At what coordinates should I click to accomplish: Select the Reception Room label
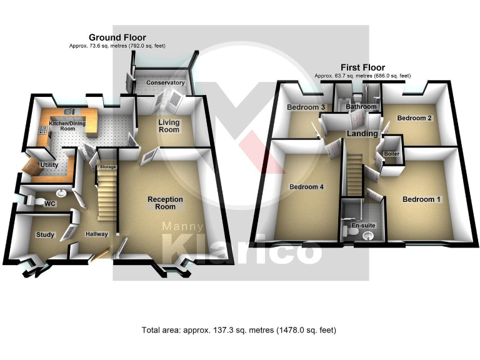[x=165, y=203]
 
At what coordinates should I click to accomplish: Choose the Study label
[x=46, y=235]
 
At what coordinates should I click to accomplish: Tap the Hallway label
[x=97, y=234]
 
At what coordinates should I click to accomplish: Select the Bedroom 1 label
[x=421, y=200]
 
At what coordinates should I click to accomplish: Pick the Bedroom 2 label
[x=414, y=117]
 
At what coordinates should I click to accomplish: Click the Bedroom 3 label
[x=306, y=107]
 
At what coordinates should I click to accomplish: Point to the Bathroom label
[x=362, y=107]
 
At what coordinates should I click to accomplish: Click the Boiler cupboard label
[x=392, y=154]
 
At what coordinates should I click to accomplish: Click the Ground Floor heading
[x=117, y=37]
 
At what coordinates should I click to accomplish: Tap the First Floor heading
[x=362, y=67]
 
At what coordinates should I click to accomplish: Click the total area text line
[x=240, y=329]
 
